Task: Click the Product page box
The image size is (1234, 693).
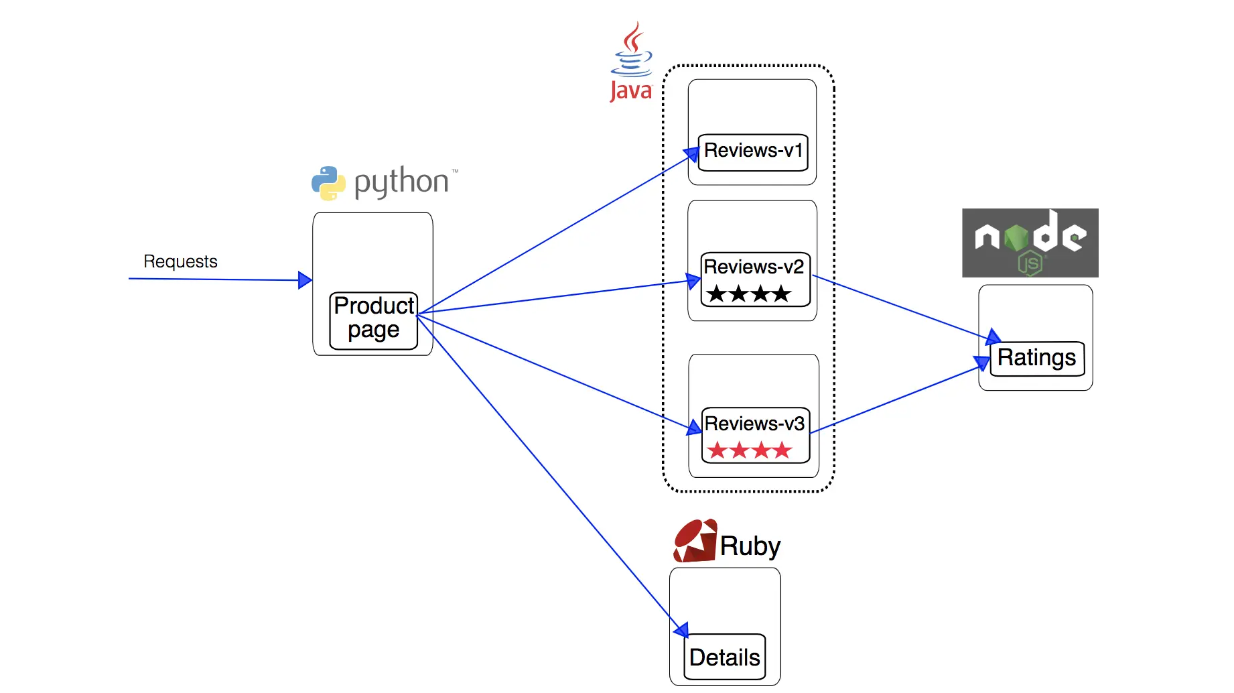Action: click(x=374, y=320)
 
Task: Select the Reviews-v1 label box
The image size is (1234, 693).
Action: click(x=753, y=152)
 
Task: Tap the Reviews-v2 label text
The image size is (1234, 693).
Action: click(x=754, y=267)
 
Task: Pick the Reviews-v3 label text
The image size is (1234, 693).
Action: click(x=754, y=424)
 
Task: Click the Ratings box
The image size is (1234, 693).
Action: click(x=1037, y=359)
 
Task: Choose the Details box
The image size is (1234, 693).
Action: click(x=725, y=657)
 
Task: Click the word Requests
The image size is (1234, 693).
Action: click(x=180, y=261)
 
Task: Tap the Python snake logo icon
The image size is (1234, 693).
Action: click(x=328, y=183)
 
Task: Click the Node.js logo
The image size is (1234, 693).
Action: click(x=1030, y=243)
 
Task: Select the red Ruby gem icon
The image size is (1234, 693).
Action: click(x=695, y=541)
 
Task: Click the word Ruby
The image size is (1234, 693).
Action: click(x=750, y=547)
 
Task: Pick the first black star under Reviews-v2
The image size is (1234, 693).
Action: click(x=717, y=294)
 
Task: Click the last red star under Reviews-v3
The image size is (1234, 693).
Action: click(x=782, y=450)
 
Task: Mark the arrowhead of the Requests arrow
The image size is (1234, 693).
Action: click(x=305, y=280)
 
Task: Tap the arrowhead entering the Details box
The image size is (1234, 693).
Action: click(x=681, y=629)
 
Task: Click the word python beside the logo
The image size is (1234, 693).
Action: click(x=401, y=182)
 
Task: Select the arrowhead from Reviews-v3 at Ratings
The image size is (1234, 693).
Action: click(x=982, y=363)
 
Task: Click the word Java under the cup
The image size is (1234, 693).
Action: click(x=630, y=90)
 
